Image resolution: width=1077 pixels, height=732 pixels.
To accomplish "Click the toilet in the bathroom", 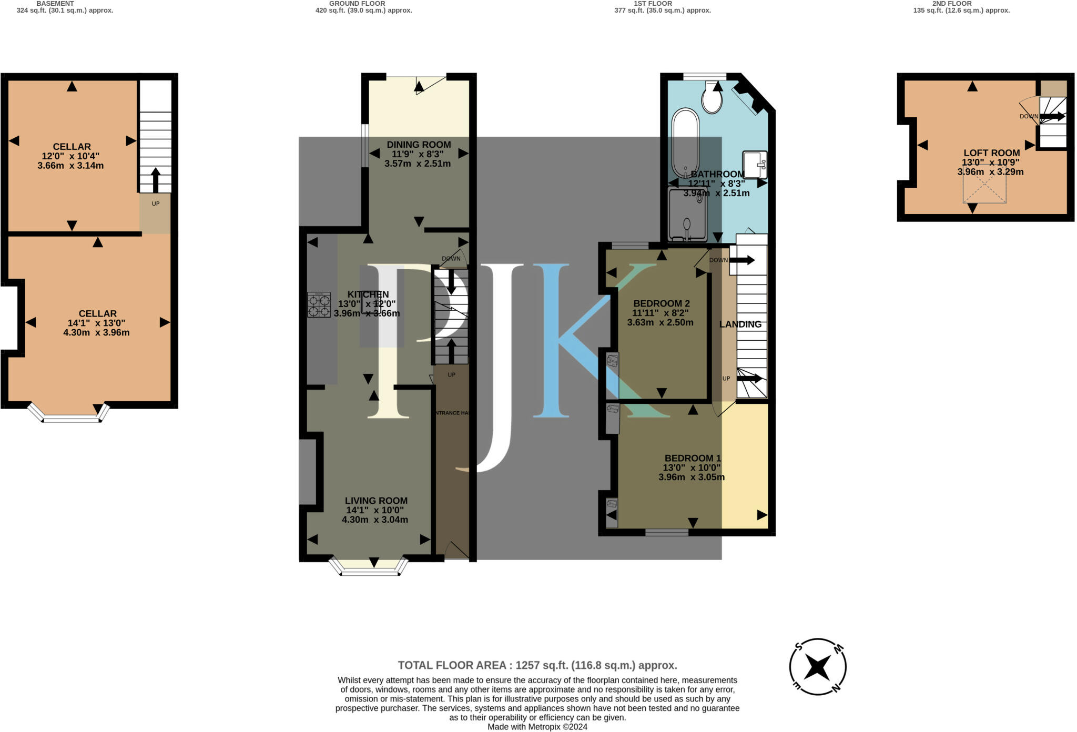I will pos(712,99).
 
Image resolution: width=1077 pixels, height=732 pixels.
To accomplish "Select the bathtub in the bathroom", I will pos(685,142).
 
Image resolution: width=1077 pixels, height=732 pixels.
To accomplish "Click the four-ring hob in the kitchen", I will pos(319,305).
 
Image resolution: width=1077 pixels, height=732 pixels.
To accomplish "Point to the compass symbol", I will pos(818,667).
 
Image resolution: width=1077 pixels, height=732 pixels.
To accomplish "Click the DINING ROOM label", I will pos(419,145).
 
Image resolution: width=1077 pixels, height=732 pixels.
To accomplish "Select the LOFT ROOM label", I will pos(991,153).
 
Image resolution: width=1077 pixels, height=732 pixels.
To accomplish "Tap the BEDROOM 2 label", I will pos(661,303).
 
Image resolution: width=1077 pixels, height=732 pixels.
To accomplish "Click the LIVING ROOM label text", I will pos(376,501).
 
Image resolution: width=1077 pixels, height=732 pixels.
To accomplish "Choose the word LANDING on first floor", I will pos(740,324).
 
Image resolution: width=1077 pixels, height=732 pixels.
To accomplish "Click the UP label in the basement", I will pos(156,204).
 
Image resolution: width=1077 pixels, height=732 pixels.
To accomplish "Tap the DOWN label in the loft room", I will pos(1029,116).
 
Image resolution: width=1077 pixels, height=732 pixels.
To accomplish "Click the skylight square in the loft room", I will pos(984,184).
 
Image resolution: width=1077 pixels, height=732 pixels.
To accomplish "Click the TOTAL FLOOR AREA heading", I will pos(537,665).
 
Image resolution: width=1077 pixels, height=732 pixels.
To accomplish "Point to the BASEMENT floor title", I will pos(55,3).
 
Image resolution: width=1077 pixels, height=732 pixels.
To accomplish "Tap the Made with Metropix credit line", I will pos(537,727).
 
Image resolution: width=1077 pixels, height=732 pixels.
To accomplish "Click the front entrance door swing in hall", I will pos(455,549).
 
